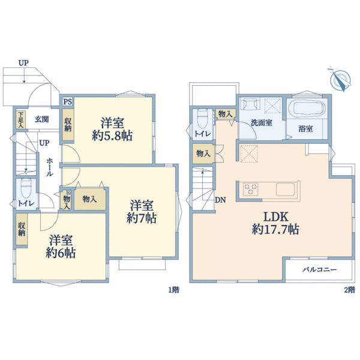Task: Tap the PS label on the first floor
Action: tap(67, 101)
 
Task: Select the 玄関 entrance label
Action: tap(42, 118)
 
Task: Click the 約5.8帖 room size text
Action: tap(112, 136)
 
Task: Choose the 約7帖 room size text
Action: tap(142, 219)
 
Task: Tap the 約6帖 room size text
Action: tap(61, 253)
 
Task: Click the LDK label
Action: tap(275, 215)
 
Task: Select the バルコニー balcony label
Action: tap(319, 270)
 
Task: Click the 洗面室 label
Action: tap(262, 123)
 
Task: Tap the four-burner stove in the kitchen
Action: tap(251, 190)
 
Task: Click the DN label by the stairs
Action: tap(221, 200)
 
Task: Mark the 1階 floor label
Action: tap(173, 290)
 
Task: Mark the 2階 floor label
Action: tap(349, 290)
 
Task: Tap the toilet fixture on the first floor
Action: tap(25, 189)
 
